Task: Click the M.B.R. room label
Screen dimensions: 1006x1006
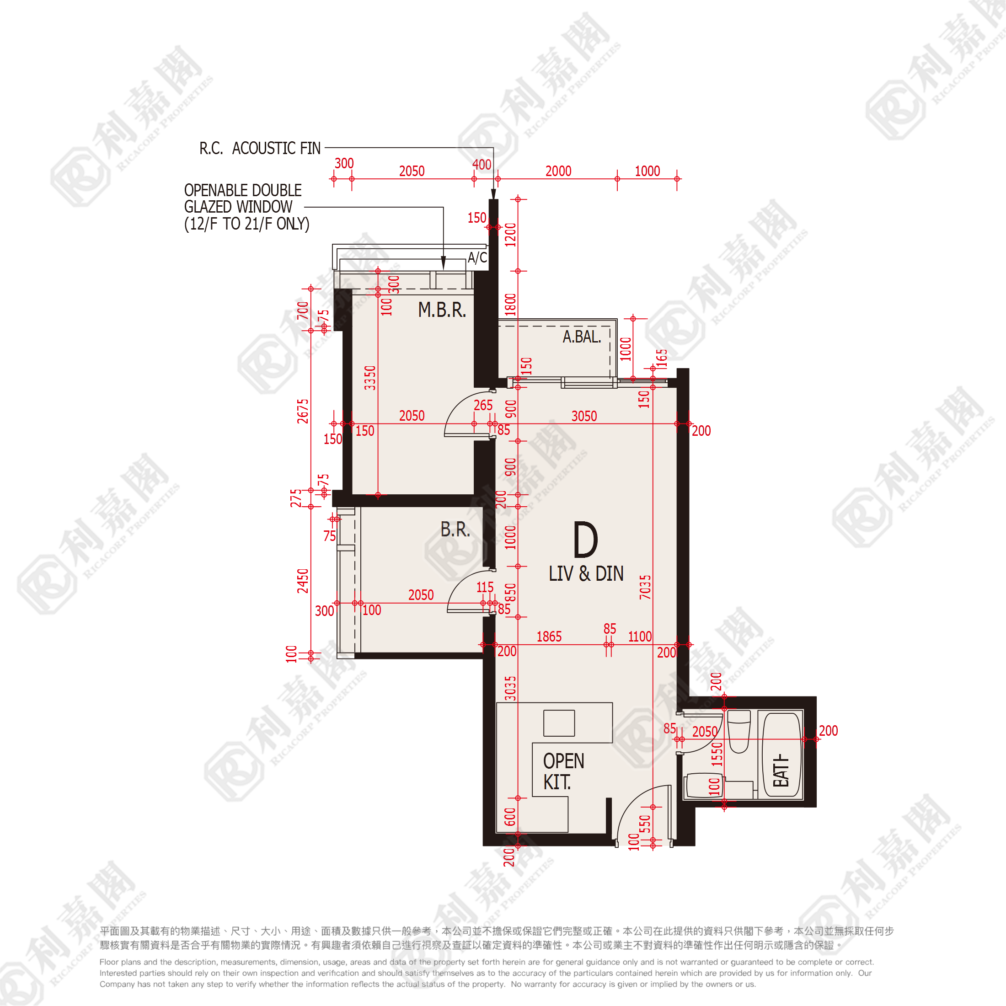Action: coord(442,310)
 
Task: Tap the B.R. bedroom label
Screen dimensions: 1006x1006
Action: coord(455,530)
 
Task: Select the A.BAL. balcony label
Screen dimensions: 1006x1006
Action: coord(582,337)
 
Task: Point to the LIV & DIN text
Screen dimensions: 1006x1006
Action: coord(586,573)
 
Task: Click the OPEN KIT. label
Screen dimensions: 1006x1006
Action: coord(563,771)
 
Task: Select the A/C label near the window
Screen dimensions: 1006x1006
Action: coord(477,257)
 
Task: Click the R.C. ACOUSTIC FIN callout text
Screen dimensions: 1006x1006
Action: coord(260,149)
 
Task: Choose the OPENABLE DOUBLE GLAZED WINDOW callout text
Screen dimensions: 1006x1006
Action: coord(247,207)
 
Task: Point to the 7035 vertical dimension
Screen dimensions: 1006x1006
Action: coord(645,587)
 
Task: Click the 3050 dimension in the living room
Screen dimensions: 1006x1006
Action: coord(584,416)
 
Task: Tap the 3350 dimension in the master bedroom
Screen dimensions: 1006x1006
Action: coord(369,378)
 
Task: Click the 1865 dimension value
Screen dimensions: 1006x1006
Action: coord(549,637)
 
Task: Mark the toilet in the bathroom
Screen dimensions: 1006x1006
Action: coord(739,732)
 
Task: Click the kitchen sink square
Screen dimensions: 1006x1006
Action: coord(559,723)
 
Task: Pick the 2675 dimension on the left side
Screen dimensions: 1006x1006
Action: coord(303,411)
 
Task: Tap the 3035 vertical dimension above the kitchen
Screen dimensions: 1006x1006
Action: coord(510,688)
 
